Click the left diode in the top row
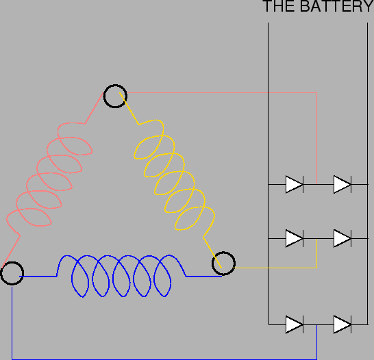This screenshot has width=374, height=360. click(x=295, y=184)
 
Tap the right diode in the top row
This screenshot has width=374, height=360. click(x=342, y=184)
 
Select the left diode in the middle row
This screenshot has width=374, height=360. click(x=295, y=238)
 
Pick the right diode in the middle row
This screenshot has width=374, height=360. click(x=342, y=238)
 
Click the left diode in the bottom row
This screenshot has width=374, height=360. click(x=295, y=324)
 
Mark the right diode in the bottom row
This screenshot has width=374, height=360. click(x=342, y=324)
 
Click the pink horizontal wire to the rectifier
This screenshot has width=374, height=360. click(x=221, y=92)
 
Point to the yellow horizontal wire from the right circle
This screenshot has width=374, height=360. click(x=275, y=268)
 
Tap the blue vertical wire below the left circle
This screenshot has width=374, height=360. click(x=12, y=322)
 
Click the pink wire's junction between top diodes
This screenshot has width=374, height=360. click(x=316, y=184)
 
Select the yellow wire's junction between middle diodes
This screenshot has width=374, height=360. click(x=316, y=238)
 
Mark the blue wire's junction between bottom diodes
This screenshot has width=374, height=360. click(x=316, y=324)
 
